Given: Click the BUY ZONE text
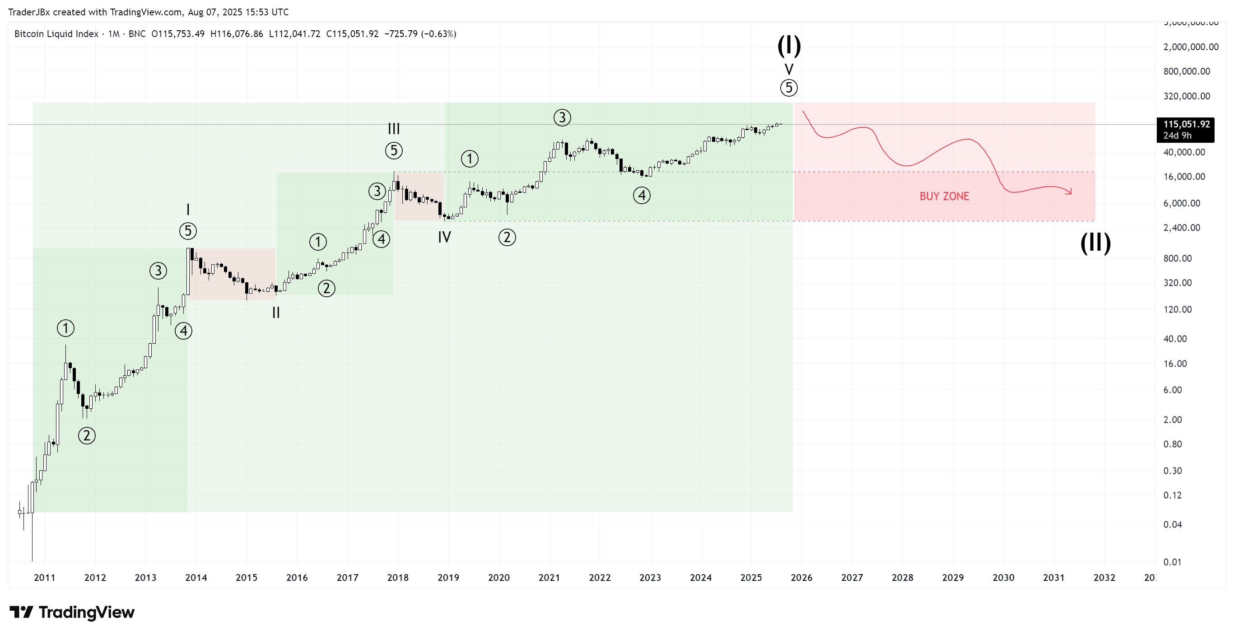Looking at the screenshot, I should pos(944,196).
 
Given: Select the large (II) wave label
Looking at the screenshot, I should pos(1095,243).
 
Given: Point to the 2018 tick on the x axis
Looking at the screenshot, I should pos(398,578).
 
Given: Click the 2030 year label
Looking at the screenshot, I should pos(1003,578).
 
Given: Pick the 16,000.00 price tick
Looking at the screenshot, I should pos(1184,176).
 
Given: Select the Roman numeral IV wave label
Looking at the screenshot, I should pos(444,237).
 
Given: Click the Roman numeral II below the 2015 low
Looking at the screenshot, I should pos(276,313).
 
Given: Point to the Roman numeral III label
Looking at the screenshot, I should pos(394,128).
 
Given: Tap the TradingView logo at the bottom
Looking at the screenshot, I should pos(72,612).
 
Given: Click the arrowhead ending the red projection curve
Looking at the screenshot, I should pos(1069,192).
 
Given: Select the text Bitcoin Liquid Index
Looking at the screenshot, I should pos(56,34).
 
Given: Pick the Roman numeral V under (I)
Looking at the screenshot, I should pos(788,69).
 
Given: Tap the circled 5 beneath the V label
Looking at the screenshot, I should pos(788,88).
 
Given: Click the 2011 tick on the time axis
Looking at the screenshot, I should pos(45,578).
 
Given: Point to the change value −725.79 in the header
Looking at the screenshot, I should pos(401,34).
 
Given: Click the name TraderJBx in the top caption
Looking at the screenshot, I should pos(29,12).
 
